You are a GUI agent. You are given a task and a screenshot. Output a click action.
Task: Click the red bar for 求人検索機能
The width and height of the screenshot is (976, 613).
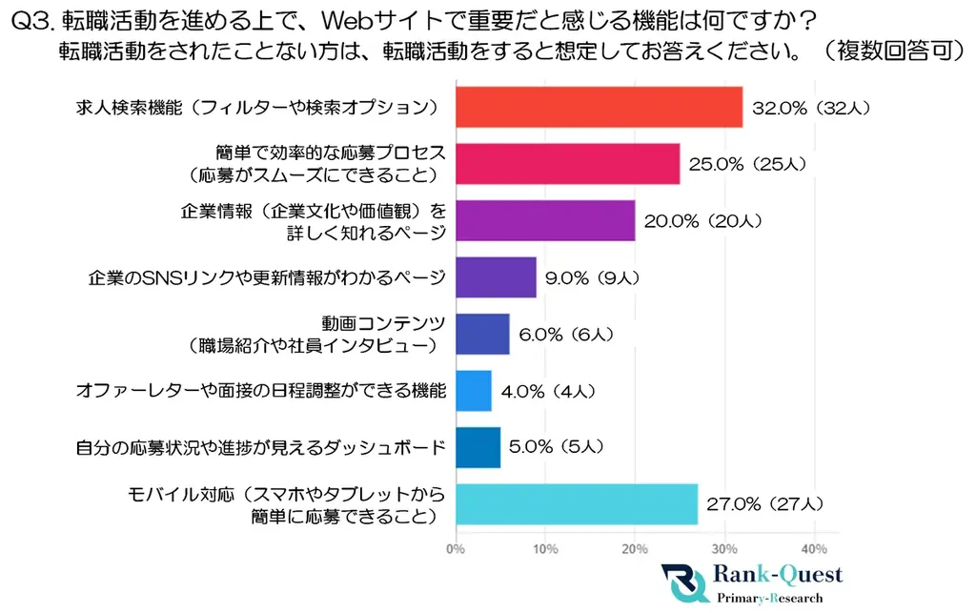pyautogui.click(x=599, y=107)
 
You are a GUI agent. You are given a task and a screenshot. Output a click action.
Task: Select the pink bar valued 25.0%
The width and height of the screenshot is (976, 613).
pyautogui.click(x=567, y=163)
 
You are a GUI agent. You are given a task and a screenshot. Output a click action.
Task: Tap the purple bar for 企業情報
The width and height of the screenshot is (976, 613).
pyautogui.click(x=545, y=220)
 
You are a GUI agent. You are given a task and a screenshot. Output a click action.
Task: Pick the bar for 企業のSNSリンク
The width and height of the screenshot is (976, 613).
pyautogui.click(x=496, y=277)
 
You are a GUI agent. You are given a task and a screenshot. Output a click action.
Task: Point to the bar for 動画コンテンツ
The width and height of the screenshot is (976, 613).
pyautogui.click(x=482, y=334)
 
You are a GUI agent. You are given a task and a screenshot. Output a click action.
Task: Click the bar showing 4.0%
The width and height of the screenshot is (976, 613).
pyautogui.click(x=474, y=391)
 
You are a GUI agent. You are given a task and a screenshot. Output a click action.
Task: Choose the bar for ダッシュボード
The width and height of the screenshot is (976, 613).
pyautogui.click(x=478, y=447)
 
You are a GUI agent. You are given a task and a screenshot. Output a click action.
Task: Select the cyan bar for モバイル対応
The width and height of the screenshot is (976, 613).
pyautogui.click(x=577, y=504)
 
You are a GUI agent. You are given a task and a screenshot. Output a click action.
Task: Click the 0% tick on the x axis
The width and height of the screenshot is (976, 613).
pyautogui.click(x=456, y=549)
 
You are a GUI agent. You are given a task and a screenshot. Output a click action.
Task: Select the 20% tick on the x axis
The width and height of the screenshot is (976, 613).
pyautogui.click(x=635, y=549)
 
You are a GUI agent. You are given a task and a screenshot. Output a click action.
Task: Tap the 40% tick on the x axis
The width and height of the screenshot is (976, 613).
pyautogui.click(x=813, y=549)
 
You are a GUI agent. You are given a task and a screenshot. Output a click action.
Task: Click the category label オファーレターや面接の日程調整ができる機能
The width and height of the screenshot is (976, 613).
pyautogui.click(x=260, y=391)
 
